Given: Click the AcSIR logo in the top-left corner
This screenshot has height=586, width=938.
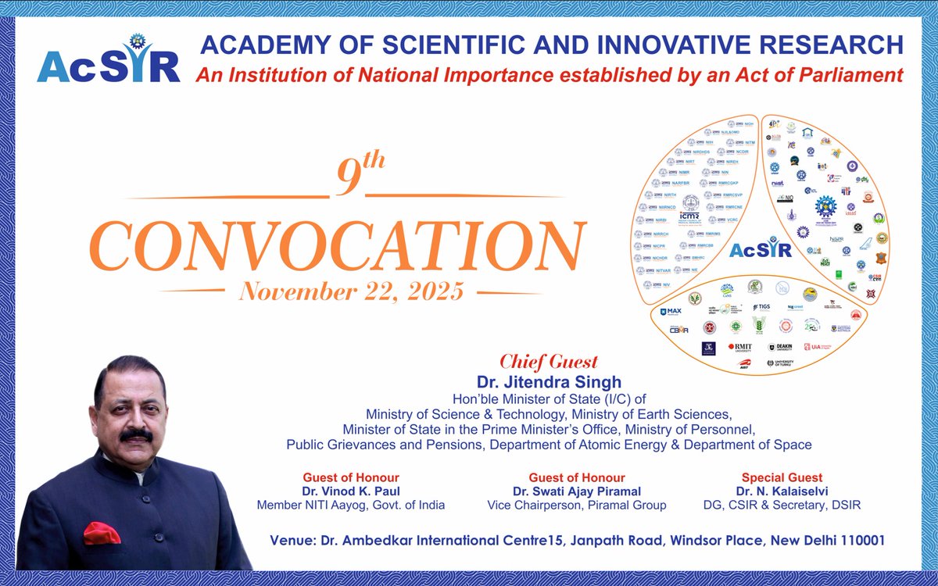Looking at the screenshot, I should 108,60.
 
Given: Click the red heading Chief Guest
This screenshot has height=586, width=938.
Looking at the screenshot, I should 548,362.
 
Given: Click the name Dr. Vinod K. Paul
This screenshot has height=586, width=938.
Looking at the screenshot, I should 351,491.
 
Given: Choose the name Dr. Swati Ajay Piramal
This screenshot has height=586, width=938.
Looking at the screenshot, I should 576,491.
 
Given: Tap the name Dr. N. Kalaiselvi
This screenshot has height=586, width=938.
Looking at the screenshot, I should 782,491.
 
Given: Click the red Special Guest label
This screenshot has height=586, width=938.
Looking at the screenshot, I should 782,477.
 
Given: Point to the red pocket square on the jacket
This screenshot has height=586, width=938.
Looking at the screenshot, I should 102,533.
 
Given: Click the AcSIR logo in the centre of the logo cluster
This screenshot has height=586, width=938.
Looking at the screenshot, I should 760,250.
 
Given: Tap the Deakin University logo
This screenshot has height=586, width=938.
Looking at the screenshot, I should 783,348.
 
